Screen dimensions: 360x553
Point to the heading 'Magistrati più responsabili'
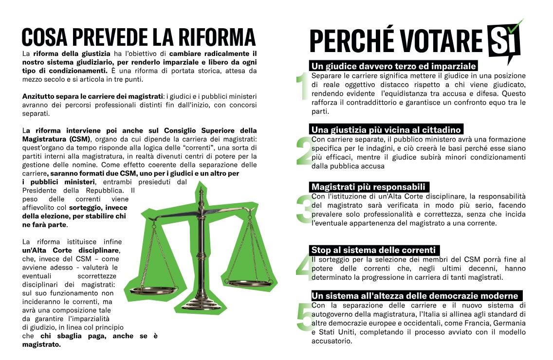click(369, 187)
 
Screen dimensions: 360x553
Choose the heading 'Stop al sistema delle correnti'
click(374, 250)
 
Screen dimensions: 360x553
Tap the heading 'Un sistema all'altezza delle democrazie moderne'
click(415, 296)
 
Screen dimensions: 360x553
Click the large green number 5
click(303, 319)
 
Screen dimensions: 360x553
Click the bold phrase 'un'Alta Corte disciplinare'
click(71, 250)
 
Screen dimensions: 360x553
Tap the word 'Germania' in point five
click(510, 323)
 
